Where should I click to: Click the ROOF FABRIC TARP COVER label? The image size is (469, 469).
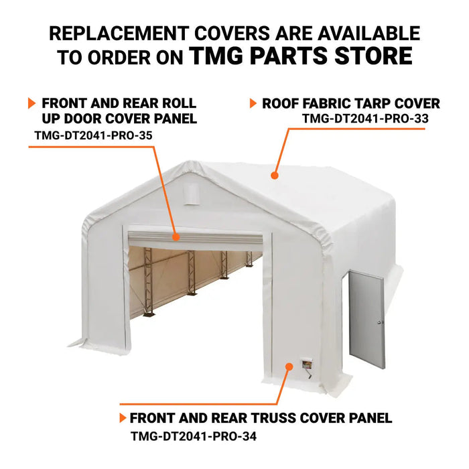click(x=351, y=103)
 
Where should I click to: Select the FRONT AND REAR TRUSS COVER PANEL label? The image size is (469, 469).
click(x=261, y=418)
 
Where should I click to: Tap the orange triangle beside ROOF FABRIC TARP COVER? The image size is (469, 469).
click(x=253, y=103)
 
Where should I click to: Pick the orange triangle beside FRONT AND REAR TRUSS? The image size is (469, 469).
click(x=122, y=418)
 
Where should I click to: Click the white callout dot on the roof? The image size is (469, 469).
click(x=273, y=175)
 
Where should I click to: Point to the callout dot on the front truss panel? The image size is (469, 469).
click(x=289, y=366)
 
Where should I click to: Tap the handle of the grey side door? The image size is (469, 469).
click(x=381, y=322)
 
